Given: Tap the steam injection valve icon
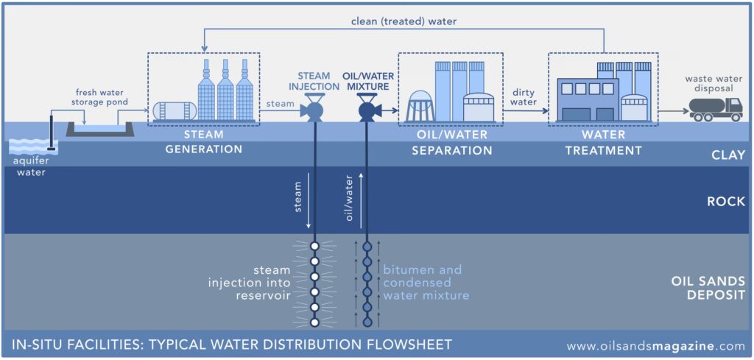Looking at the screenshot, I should [314, 111].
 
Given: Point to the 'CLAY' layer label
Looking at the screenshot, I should [729, 155].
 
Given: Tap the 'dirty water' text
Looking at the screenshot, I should [524, 97].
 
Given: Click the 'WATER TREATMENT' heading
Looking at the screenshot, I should [603, 143].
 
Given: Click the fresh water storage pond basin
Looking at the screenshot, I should [99, 130].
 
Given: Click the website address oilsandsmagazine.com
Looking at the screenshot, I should [656, 345].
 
